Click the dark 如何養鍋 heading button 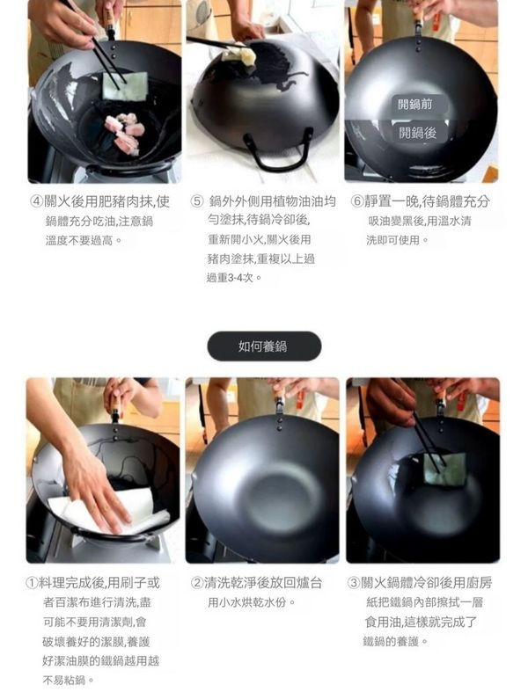click(x=264, y=346)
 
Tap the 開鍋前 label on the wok click(x=414, y=105)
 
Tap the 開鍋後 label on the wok click(x=417, y=133)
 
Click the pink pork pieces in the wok click(x=125, y=132)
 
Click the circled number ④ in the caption click(x=36, y=201)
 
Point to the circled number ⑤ click(x=196, y=201)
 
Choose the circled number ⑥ click(x=357, y=201)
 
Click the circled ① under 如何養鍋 click(x=33, y=583)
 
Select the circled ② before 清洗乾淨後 click(x=197, y=583)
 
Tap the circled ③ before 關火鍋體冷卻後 click(x=355, y=583)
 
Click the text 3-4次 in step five click(x=241, y=278)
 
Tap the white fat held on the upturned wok click(x=238, y=56)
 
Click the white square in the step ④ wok click(x=125, y=85)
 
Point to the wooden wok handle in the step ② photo click(x=279, y=393)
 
